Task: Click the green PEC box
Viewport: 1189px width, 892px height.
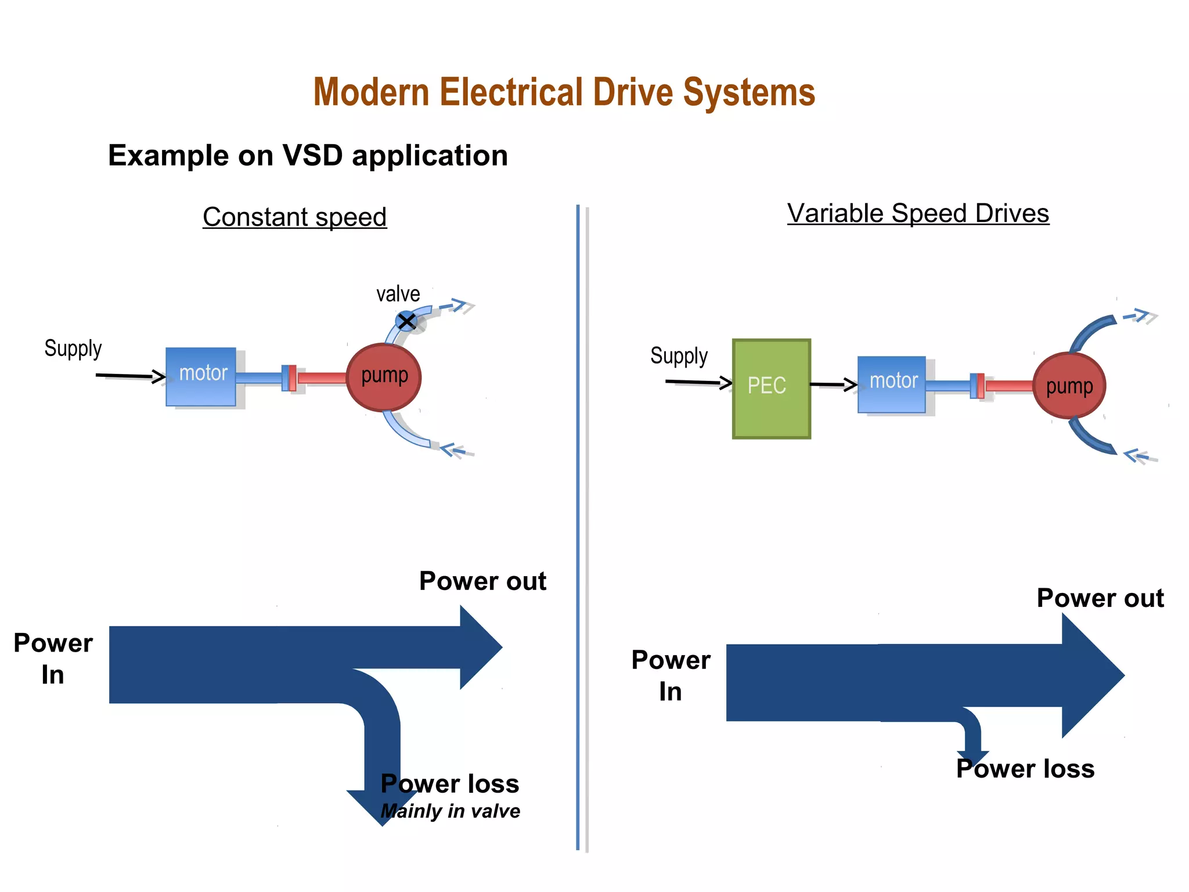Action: coord(771,389)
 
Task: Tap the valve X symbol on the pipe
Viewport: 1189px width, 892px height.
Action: coord(406,321)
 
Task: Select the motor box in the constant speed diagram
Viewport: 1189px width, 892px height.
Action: coord(201,376)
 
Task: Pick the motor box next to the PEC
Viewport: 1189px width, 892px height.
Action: coord(892,384)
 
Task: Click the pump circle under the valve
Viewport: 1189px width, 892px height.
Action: coord(384,377)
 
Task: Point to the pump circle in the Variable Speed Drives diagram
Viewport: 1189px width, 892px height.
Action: coord(1069,386)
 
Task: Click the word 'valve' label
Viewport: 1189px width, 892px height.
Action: coord(398,294)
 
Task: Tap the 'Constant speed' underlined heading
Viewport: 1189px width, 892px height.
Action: coord(295,217)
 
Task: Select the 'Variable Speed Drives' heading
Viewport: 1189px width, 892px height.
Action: coord(918,213)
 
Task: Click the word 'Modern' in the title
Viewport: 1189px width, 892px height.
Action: coord(372,92)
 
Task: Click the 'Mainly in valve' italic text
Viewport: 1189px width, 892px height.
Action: coord(451,811)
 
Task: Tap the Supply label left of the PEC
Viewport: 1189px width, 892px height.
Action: coord(679,356)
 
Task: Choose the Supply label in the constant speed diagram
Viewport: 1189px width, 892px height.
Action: coord(73,348)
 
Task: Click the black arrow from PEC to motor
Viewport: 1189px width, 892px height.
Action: coord(834,384)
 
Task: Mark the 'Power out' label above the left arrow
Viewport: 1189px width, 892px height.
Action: coord(483,581)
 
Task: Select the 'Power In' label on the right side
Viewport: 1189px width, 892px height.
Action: coord(671,675)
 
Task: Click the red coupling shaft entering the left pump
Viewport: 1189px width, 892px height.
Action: coord(322,378)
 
